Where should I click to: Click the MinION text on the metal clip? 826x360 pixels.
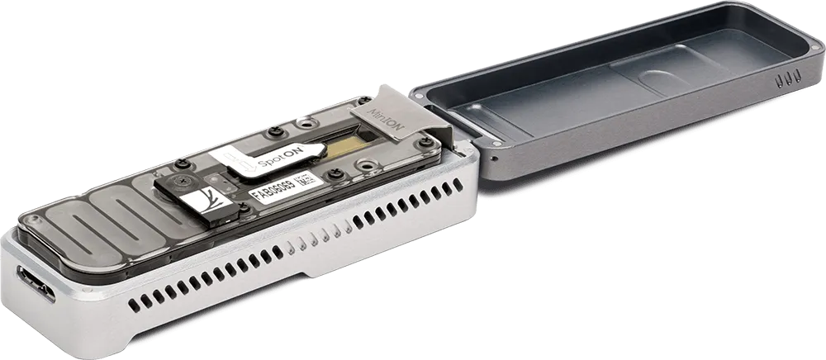pos(381,108)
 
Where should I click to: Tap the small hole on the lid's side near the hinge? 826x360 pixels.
pos(493,157)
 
